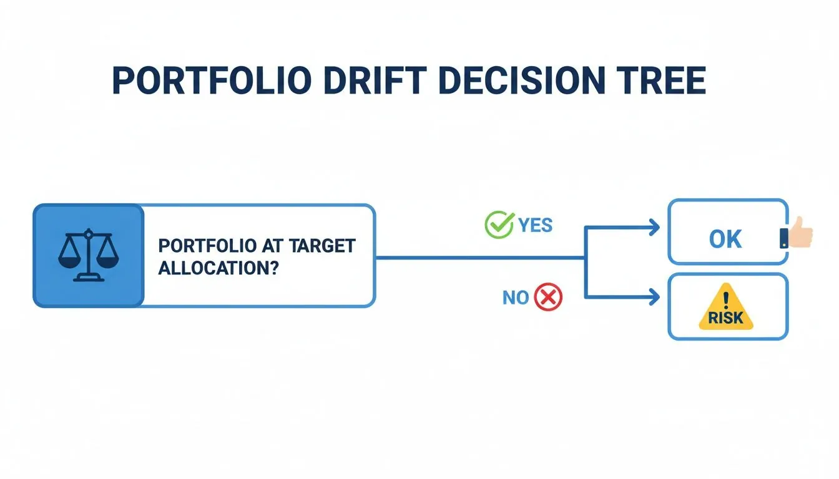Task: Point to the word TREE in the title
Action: pyautogui.click(x=661, y=80)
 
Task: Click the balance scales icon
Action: pyautogui.click(x=88, y=255)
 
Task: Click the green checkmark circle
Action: pyautogui.click(x=497, y=224)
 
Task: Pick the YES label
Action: pyautogui.click(x=536, y=225)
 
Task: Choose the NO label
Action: pyautogui.click(x=516, y=298)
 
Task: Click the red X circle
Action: pyautogui.click(x=548, y=298)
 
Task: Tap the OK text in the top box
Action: pyautogui.click(x=725, y=239)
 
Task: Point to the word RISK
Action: pyautogui.click(x=726, y=318)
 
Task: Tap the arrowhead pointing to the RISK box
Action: pyautogui.click(x=654, y=297)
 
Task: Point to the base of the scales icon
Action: pyautogui.click(x=88, y=278)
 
